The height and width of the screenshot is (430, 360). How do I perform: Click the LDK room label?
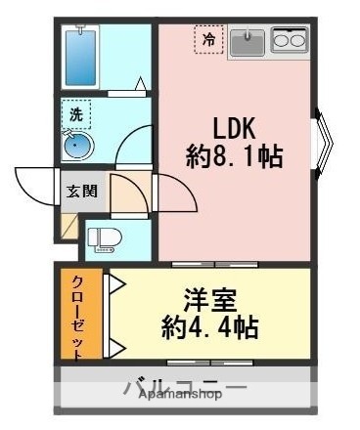(x=235, y=128)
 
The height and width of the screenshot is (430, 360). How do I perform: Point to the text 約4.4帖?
(x=209, y=327)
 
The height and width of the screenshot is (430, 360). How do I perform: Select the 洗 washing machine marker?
(x=75, y=113)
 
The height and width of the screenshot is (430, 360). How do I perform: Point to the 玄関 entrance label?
(x=80, y=191)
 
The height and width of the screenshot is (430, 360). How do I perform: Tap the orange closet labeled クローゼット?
(x=78, y=314)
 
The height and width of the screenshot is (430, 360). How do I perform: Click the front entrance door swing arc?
(x=34, y=183)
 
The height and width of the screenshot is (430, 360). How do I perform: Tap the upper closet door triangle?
(x=113, y=284)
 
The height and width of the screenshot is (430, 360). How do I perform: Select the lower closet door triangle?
(x=113, y=346)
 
